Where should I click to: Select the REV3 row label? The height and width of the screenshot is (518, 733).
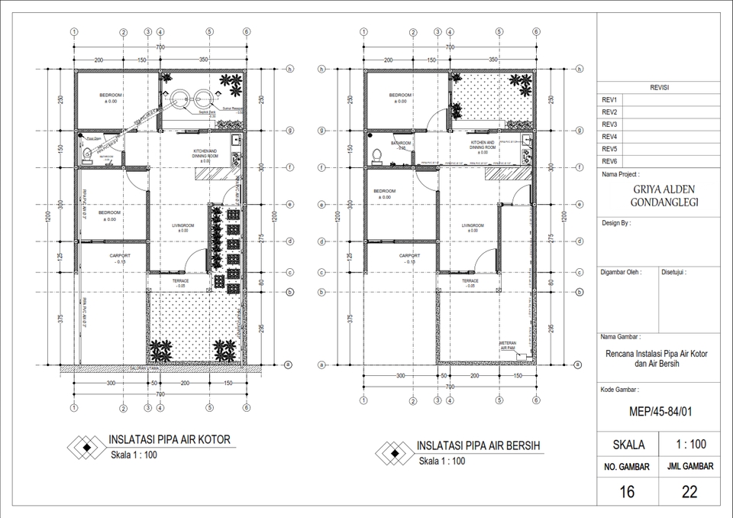click(x=609, y=125)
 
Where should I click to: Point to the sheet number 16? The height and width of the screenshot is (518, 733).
click(x=627, y=492)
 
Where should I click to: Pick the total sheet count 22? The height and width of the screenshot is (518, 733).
click(x=689, y=492)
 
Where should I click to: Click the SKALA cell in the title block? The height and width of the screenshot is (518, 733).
click(x=628, y=445)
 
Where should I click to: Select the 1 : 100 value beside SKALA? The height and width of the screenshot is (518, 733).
click(x=690, y=445)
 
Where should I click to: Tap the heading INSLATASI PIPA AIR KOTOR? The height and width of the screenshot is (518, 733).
click(x=169, y=440)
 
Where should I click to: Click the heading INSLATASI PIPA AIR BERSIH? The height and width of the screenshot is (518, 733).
click(x=478, y=445)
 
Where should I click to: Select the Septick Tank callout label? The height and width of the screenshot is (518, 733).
click(x=205, y=112)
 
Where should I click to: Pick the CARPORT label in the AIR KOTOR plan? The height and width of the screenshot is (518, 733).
click(x=120, y=256)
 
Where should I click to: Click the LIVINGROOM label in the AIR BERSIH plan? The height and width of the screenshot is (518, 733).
click(x=473, y=226)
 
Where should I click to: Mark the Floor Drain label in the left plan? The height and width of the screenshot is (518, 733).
click(x=93, y=138)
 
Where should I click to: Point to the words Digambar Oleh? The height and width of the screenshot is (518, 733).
click(x=621, y=271)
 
